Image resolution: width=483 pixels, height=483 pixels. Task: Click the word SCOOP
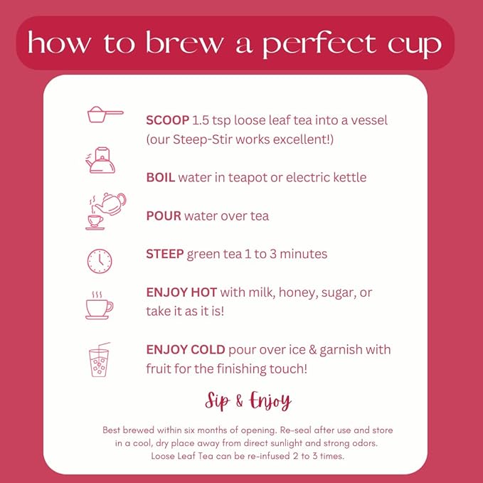point(167,120)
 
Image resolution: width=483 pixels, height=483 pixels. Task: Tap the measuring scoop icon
point(105,114)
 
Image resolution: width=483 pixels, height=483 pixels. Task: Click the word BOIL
point(160,177)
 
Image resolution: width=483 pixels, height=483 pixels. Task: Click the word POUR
point(164,216)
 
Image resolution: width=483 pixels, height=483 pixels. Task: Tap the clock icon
point(100,260)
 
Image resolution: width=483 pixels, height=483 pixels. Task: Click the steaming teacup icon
point(99,305)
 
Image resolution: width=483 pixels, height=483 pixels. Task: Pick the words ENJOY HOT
point(181,292)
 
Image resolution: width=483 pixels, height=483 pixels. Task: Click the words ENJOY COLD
point(186,350)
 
